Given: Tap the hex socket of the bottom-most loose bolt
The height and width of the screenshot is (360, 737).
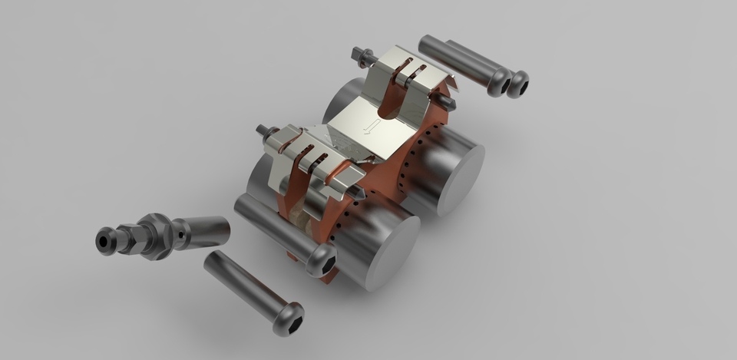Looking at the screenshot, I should (x=290, y=316).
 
